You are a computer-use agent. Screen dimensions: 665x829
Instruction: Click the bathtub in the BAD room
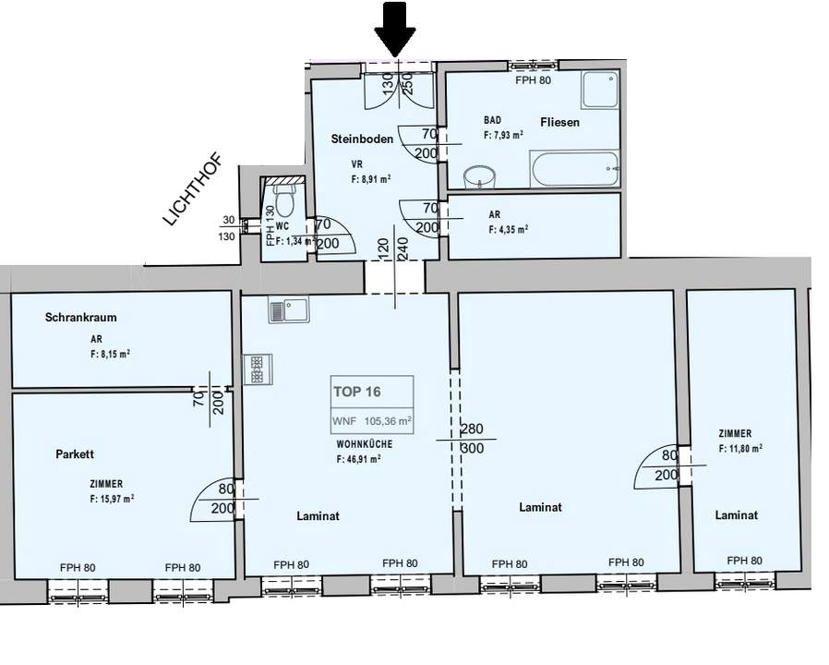click(x=573, y=169)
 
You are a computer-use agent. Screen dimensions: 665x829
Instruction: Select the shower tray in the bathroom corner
click(x=600, y=91)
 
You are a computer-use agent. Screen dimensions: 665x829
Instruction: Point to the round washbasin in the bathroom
click(x=480, y=177)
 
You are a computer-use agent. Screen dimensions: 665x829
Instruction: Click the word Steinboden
click(x=362, y=139)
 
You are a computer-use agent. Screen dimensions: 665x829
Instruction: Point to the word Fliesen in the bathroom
click(x=559, y=122)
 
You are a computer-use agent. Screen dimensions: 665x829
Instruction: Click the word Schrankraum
click(x=80, y=318)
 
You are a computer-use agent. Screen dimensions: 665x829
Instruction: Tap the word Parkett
click(x=76, y=454)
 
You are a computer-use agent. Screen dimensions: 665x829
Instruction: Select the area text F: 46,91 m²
click(x=359, y=459)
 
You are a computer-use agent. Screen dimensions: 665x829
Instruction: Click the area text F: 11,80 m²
click(x=739, y=449)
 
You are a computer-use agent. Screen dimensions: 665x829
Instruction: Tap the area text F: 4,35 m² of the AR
click(x=509, y=230)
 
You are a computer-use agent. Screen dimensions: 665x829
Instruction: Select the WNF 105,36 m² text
click(x=372, y=419)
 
